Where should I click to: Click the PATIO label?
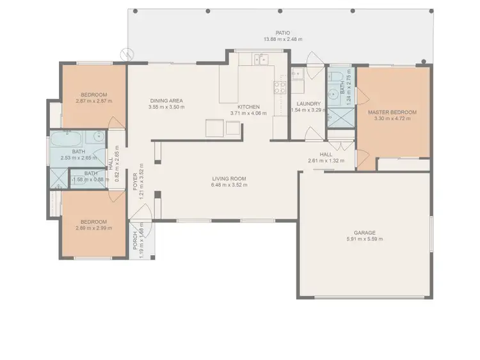pyautogui.click(x=282, y=33)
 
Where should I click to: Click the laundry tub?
pyautogui.click(x=298, y=75)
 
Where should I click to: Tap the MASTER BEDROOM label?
pyautogui.click(x=392, y=113)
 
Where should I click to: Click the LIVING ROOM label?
pyautogui.click(x=228, y=178)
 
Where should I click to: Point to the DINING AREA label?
pyautogui.click(x=166, y=100)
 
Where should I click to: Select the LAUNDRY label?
pyautogui.click(x=308, y=104)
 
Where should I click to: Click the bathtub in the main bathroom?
pyautogui.click(x=67, y=137)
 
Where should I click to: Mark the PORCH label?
pyautogui.click(x=135, y=240)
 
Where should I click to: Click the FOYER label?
pyautogui.click(x=134, y=182)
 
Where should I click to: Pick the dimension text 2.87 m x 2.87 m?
pyautogui.click(x=93, y=101)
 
